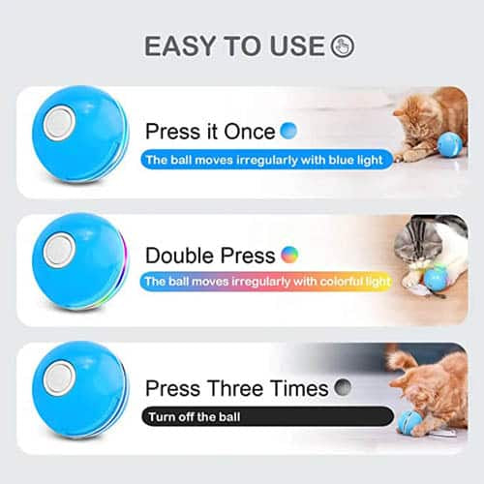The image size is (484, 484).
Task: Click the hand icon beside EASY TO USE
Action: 343,45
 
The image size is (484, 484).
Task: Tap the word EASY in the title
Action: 180,45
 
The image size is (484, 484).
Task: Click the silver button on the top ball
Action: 59,124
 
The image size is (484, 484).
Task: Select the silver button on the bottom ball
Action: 59,378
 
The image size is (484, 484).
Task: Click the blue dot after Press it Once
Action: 288,131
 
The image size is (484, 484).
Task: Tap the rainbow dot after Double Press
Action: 289,255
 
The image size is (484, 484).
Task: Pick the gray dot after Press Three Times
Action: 343,387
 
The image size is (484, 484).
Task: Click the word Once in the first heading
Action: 250,132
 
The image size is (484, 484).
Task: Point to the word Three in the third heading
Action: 235,388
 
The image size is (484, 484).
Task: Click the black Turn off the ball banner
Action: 267,416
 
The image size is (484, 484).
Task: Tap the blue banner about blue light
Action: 267,160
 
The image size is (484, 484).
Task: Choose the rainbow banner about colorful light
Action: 266,282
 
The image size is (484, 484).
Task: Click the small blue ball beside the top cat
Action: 450,144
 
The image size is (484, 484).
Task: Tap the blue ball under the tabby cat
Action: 436,280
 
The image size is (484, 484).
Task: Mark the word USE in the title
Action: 297,45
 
